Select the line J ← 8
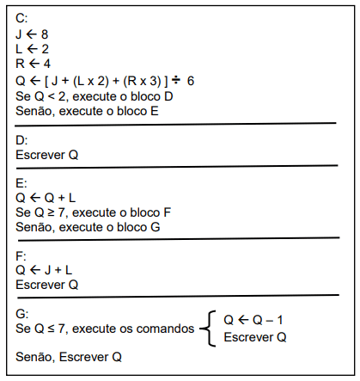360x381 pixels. [x=32, y=34]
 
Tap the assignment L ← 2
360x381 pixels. [x=32, y=49]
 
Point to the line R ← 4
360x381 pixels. [x=33, y=65]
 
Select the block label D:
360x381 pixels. [x=22, y=139]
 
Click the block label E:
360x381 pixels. [x=21, y=182]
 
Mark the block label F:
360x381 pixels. [x=21, y=255]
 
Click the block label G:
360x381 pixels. [x=22, y=312]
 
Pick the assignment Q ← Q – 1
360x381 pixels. [x=253, y=320]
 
